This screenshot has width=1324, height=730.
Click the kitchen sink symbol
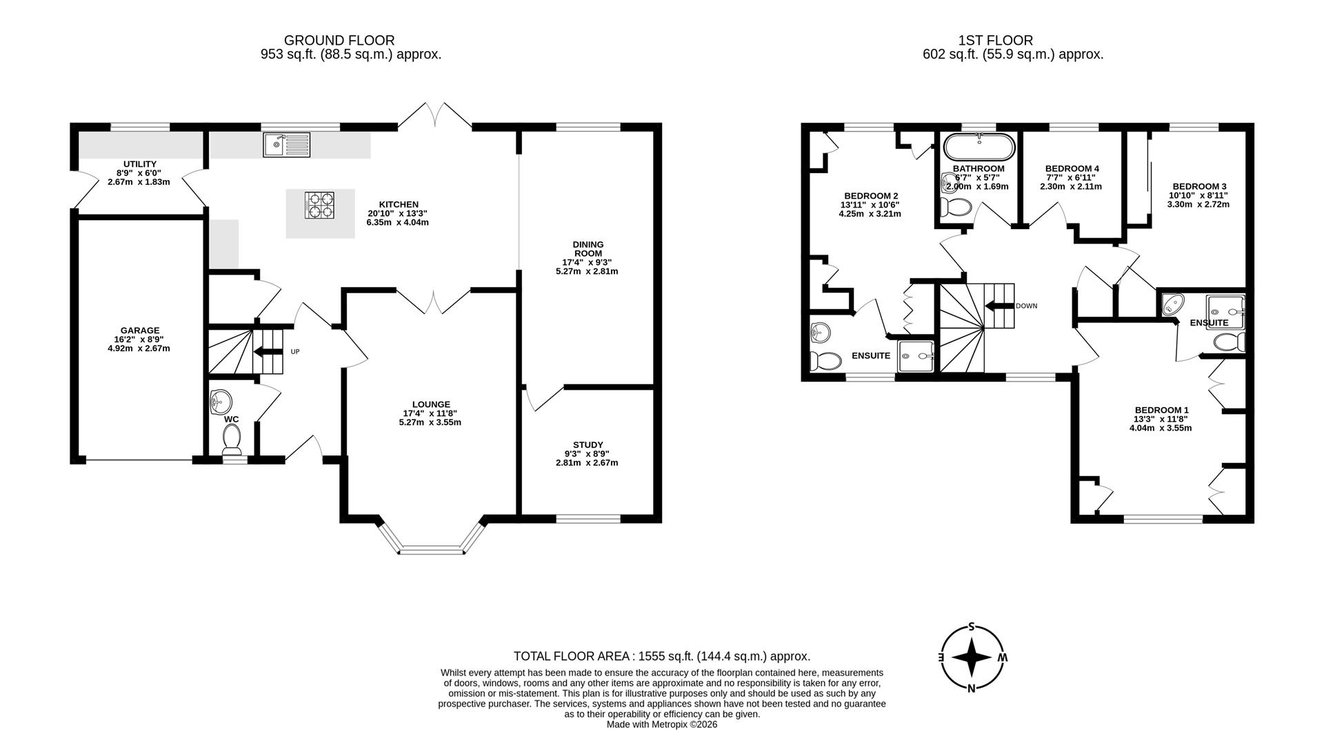tap(286, 145)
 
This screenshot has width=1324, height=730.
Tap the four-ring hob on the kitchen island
tap(319, 206)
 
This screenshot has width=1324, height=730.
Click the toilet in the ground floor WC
tap(232, 438)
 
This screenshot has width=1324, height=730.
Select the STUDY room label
tap(588, 445)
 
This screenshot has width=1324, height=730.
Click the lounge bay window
tap(433, 550)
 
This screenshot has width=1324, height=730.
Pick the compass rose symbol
tap(972, 658)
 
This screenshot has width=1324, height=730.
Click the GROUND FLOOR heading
tap(339, 41)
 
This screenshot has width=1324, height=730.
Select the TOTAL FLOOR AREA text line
tap(661, 656)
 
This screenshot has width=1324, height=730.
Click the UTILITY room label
tap(140, 164)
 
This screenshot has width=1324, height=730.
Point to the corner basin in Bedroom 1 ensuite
tap(1172, 304)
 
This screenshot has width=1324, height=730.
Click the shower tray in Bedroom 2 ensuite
tap(916, 355)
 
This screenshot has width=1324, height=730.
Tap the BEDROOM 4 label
tap(1072, 168)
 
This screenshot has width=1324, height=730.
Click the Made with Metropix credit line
tap(661, 724)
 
